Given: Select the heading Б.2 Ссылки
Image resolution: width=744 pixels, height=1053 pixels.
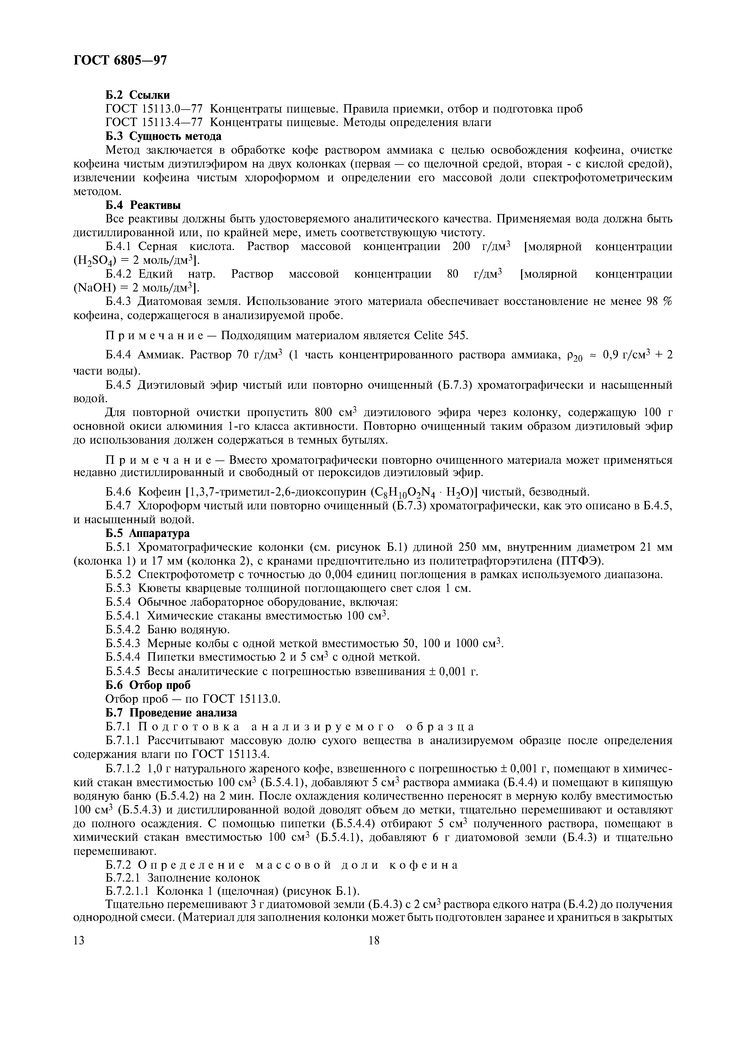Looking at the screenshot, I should (x=137, y=95).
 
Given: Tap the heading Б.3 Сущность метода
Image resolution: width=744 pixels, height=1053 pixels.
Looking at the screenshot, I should (x=163, y=136).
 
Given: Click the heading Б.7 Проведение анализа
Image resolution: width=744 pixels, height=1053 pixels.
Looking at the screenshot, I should (x=171, y=713).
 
